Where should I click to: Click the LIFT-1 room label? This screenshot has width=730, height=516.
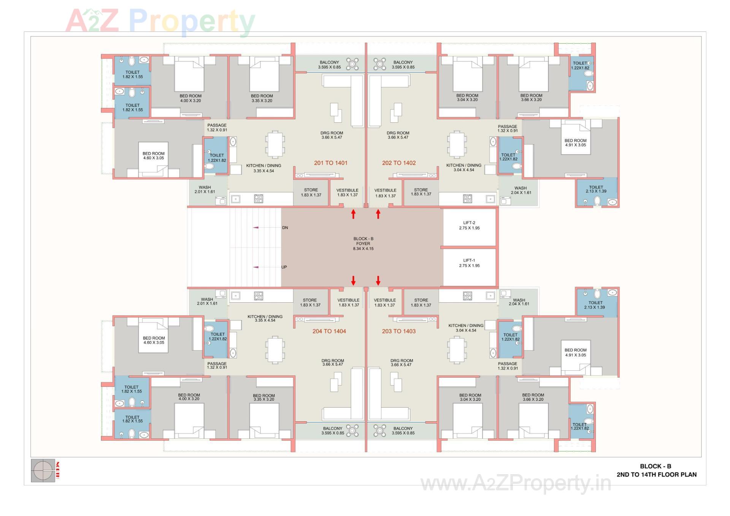[x=469, y=263]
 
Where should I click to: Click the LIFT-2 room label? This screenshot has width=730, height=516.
[x=469, y=225]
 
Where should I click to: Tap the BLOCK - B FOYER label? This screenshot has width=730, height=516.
[x=363, y=244]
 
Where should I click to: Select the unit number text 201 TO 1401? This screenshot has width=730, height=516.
[x=330, y=163]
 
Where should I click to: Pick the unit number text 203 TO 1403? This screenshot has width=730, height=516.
[x=398, y=331]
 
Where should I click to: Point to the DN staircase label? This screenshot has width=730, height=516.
[x=285, y=228]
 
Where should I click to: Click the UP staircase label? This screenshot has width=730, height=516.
[x=284, y=267]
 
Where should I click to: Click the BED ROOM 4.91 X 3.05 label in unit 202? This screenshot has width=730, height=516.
[x=575, y=143]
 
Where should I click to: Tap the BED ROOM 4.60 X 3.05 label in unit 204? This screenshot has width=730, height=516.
[x=154, y=340]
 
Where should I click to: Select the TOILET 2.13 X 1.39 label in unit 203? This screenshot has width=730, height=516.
[x=595, y=305]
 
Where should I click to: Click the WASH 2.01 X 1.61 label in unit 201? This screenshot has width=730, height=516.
[x=205, y=189]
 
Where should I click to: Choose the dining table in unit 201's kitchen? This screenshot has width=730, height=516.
[x=275, y=144]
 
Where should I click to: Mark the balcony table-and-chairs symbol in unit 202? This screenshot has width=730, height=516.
[x=379, y=64]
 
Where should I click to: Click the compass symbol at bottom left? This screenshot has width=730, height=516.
[x=43, y=471]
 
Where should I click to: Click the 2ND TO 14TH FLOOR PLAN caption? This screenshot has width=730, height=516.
[x=656, y=475]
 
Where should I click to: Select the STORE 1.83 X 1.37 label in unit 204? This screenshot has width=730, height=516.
[x=310, y=302]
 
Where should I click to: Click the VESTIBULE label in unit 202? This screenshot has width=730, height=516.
[x=385, y=193]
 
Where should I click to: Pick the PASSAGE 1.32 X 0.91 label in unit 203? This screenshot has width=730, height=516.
[x=508, y=366]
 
